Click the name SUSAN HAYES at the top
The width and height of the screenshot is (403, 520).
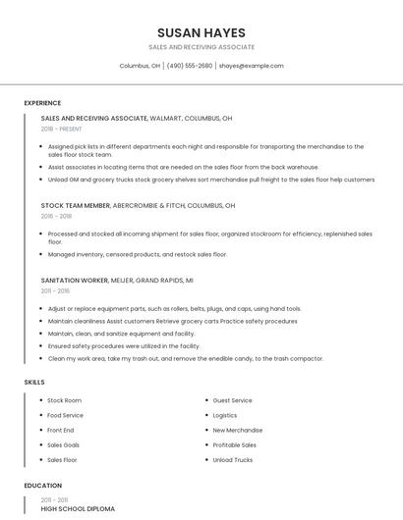tap(201, 32)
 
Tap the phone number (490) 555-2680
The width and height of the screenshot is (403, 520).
tap(189, 66)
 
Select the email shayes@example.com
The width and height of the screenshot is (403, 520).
tap(251, 66)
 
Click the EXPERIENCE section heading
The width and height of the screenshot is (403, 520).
tap(42, 103)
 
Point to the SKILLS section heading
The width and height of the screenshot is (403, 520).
tap(33, 382)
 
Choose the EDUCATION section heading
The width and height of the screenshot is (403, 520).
tap(42, 486)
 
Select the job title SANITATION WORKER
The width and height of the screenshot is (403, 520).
tap(75, 281)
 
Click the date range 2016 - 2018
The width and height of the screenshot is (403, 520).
tap(56, 217)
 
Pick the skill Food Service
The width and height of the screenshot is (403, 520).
tap(65, 415)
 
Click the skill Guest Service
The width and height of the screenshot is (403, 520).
tap(232, 400)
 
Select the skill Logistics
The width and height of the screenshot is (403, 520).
tap(225, 415)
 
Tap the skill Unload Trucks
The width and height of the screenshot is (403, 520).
tap(232, 459)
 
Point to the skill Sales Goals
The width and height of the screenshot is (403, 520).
tap(63, 444)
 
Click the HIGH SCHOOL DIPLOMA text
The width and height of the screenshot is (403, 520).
tap(78, 509)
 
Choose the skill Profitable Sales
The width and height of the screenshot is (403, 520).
tap(234, 444)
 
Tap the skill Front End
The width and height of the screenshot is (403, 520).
tap(60, 430)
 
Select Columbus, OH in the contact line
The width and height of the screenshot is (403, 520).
tap(140, 66)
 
